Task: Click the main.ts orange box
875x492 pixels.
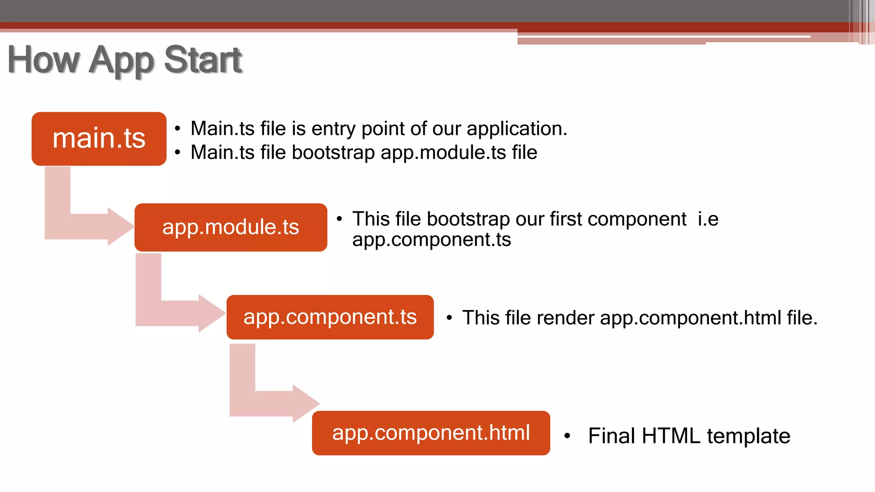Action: coord(99,139)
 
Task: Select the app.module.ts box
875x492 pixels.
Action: coord(231,227)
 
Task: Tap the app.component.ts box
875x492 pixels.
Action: coord(330,317)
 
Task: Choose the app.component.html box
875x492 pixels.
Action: coord(431,433)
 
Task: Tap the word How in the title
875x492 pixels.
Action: coord(44,60)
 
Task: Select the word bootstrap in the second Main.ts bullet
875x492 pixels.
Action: coord(333,152)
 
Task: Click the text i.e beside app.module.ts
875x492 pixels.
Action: coord(708,219)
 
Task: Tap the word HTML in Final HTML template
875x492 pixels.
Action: coord(671,436)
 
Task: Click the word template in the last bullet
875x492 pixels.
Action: coord(748,436)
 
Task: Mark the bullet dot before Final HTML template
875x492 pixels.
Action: coord(567,436)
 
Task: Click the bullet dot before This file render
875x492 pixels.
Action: coord(449,318)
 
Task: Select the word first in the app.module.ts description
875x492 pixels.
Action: coord(566,219)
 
